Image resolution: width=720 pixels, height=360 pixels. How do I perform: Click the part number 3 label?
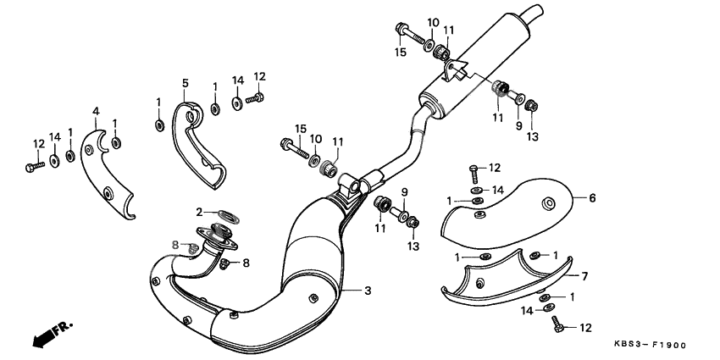368,291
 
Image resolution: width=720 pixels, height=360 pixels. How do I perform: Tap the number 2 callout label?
200,212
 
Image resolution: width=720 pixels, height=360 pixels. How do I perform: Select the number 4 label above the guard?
96,112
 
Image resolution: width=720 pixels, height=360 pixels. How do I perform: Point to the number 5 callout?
184,83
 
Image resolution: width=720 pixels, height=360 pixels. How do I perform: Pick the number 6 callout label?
592,198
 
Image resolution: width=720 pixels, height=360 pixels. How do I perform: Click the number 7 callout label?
584,275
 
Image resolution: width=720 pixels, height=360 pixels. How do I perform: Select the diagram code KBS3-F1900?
650,346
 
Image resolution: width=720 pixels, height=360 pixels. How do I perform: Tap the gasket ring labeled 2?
227,213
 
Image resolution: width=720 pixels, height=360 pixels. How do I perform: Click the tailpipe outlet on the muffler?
534,12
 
